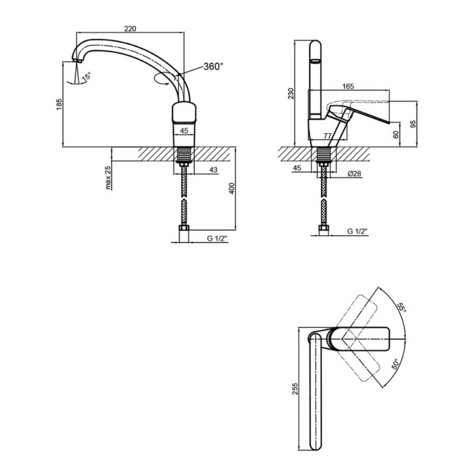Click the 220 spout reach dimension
point(130,28)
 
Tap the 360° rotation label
point(213,66)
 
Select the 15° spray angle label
point(86,76)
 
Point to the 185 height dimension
point(59,104)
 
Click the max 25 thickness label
point(109,178)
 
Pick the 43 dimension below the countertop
point(213,170)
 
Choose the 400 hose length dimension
point(232,188)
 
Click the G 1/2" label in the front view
point(217,239)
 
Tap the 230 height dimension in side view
point(291,93)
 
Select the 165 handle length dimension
point(348,86)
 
